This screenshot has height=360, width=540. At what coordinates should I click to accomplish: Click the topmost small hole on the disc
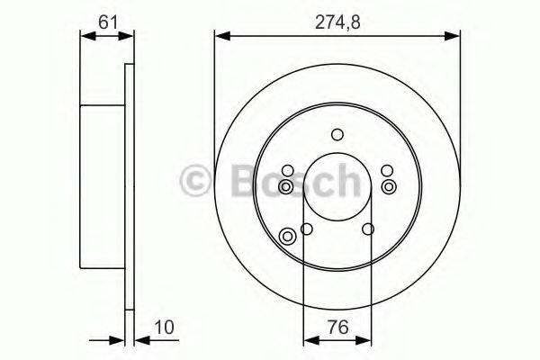(x=337, y=135)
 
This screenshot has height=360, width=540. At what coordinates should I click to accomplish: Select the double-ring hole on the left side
(x=286, y=186)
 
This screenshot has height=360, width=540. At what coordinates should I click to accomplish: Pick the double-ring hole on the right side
(x=389, y=186)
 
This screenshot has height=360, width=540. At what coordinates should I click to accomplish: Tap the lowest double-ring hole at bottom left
(x=289, y=237)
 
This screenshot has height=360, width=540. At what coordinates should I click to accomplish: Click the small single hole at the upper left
(x=287, y=171)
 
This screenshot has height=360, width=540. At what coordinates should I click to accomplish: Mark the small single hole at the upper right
(x=387, y=171)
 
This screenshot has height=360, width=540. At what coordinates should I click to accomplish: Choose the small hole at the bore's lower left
(x=307, y=229)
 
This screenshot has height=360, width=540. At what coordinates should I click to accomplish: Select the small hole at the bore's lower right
(x=368, y=229)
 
